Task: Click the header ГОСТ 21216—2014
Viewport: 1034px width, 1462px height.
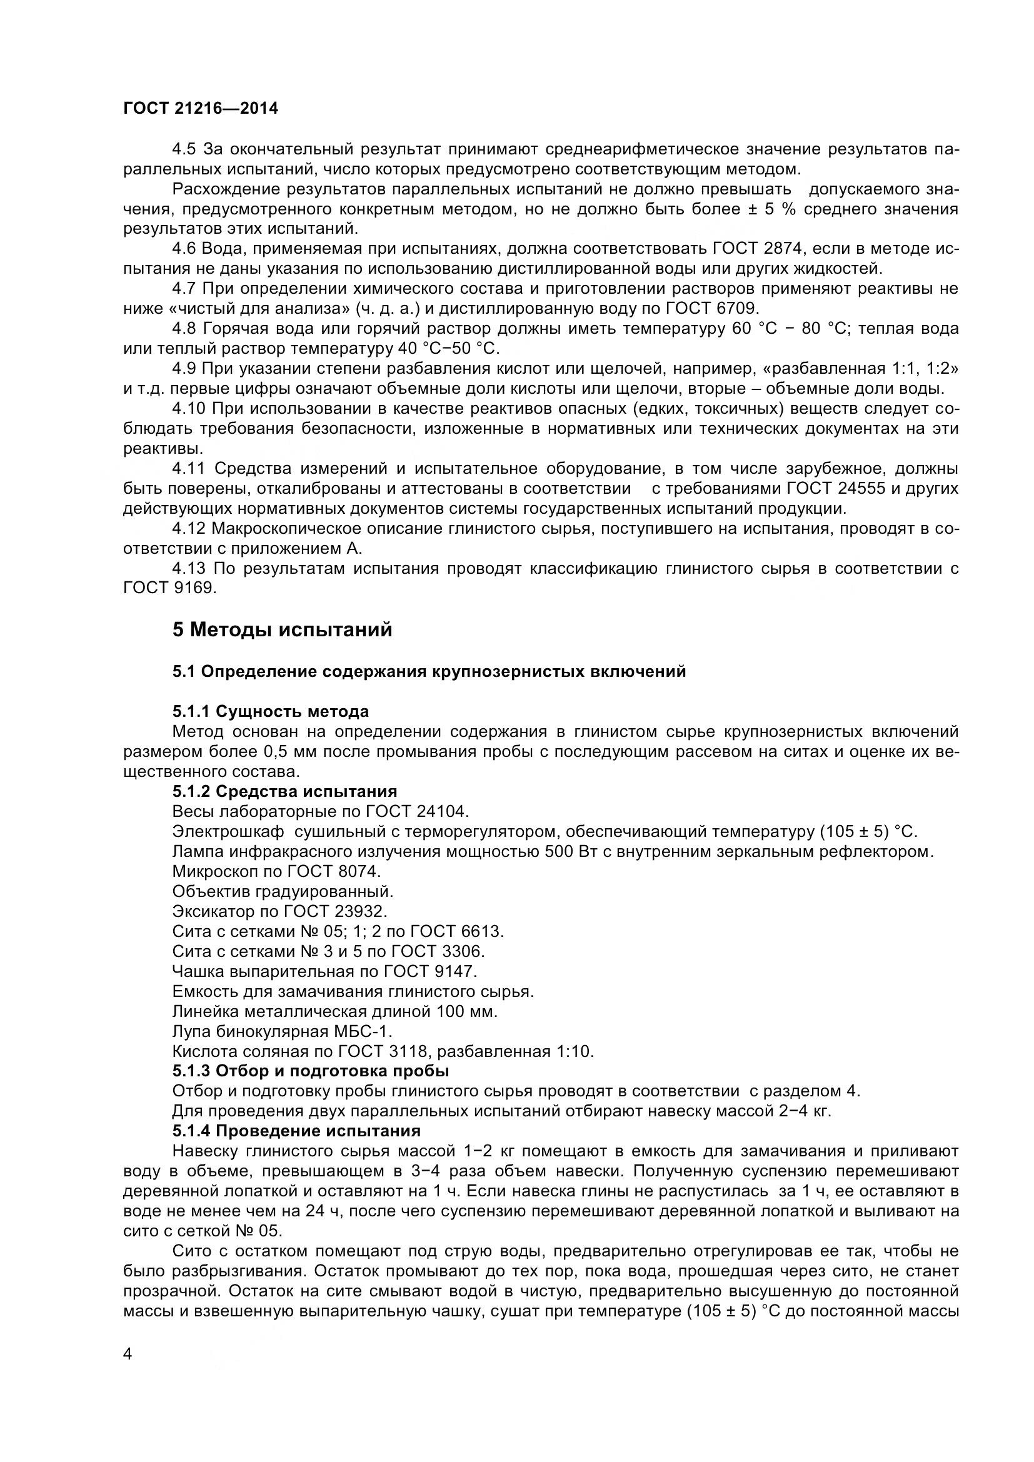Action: (x=201, y=109)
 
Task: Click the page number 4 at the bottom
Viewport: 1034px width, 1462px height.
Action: (x=128, y=1371)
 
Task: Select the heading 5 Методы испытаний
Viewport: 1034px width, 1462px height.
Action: (x=282, y=630)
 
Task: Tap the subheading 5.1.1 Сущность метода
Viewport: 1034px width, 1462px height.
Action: (x=271, y=711)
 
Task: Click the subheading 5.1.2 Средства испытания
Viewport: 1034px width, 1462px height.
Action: (x=284, y=791)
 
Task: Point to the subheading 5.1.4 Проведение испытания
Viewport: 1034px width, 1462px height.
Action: (x=297, y=1131)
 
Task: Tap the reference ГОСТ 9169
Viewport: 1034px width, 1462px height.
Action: (x=169, y=588)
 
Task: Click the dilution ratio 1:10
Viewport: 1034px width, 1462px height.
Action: (x=575, y=1051)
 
